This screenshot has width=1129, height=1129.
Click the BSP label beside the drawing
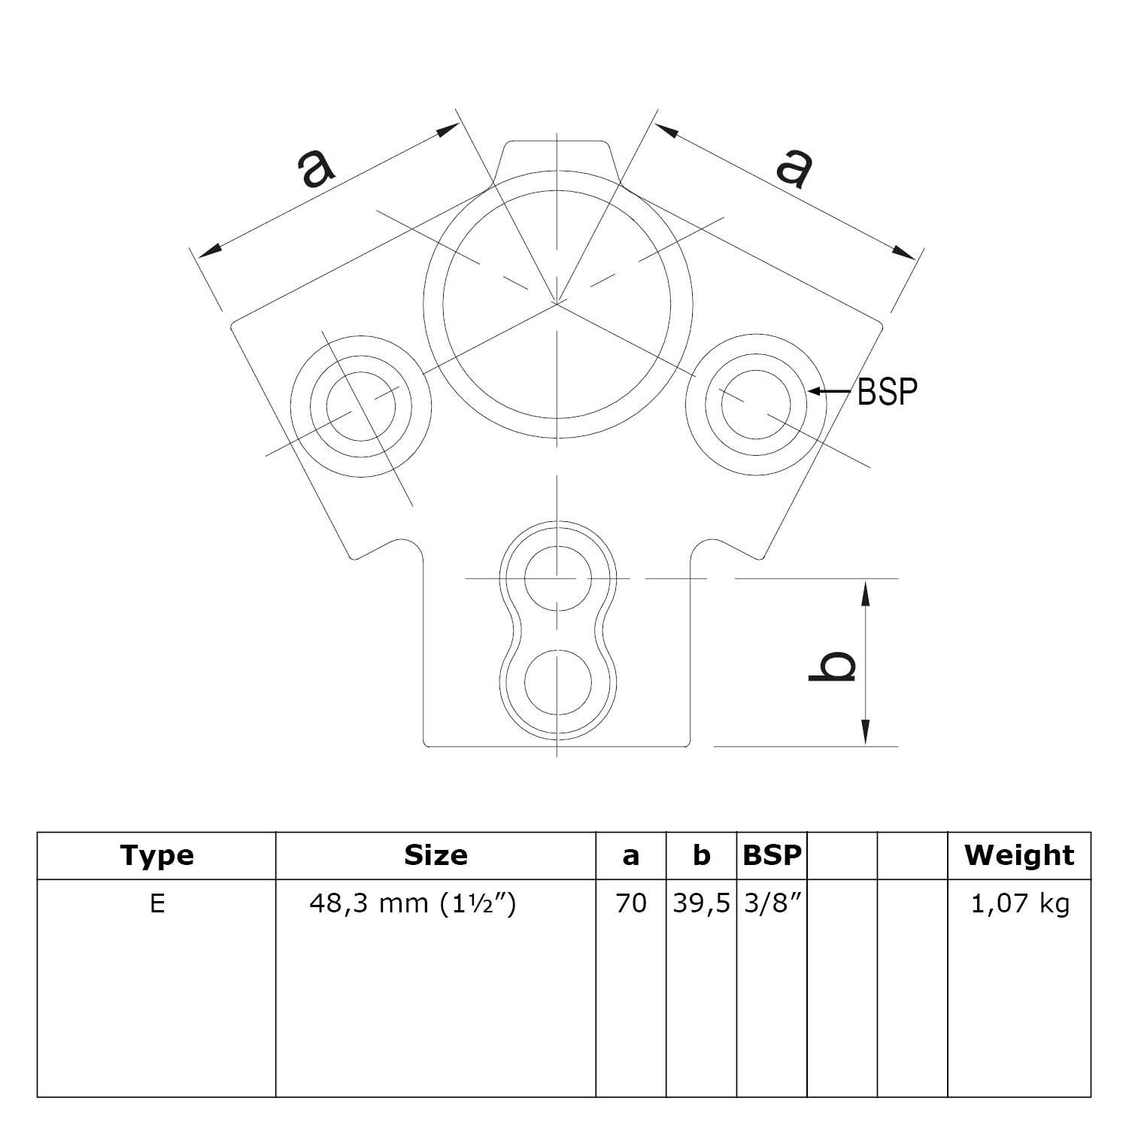coord(888,392)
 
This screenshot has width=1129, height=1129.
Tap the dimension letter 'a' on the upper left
coord(316,167)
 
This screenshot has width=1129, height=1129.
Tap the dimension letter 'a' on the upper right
coord(796,167)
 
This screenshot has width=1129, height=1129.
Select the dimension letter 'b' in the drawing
coord(833,666)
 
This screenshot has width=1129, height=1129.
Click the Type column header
coord(156,856)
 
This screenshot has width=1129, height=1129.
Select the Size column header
coord(436,856)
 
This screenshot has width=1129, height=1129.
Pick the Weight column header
coord(1019,856)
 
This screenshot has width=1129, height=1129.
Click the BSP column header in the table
coord(772,856)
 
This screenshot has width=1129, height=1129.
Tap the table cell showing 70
coord(630,903)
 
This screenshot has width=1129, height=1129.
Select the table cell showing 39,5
coord(701,903)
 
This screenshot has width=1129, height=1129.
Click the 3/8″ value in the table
coord(771,903)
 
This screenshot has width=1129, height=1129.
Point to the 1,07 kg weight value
coord(1019,903)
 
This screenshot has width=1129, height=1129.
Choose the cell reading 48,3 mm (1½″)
coord(413,903)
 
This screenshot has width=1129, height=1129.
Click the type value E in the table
coord(156,903)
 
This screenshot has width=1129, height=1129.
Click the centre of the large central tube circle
coord(557,303)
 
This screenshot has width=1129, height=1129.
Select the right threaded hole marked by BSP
coord(756,404)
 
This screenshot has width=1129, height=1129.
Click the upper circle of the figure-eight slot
coord(557,579)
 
